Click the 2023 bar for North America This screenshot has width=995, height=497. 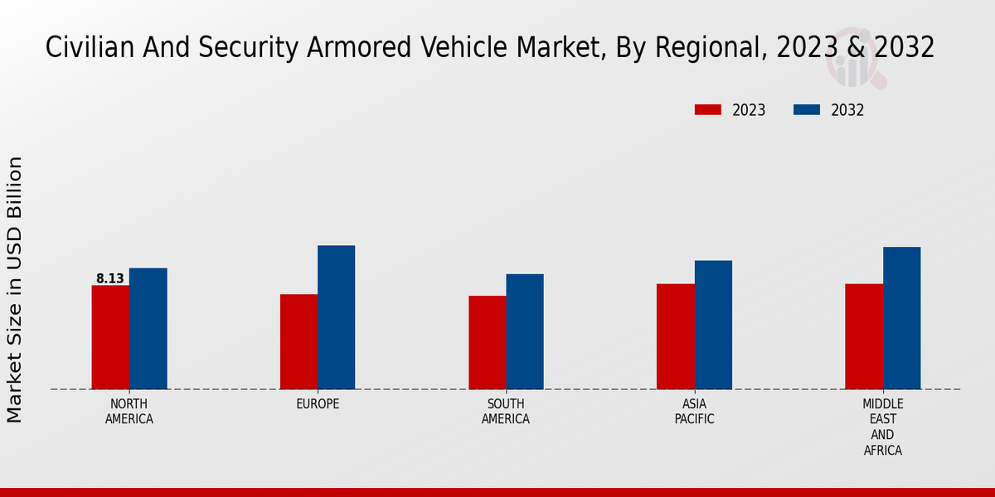coord(110,337)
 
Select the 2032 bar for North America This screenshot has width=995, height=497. coord(148,328)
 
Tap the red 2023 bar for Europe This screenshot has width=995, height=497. coord(298,341)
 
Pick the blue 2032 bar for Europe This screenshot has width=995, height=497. coord(336,317)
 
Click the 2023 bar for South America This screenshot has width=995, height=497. coord(487,342)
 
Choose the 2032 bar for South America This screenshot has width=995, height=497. coord(525,331)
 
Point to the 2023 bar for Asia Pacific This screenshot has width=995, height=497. coord(676,336)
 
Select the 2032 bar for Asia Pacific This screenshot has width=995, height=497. coord(713,325)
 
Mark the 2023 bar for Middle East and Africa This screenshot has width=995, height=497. coord(864,336)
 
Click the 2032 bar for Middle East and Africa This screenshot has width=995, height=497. coord(901,318)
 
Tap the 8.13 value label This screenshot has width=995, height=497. coord(110,278)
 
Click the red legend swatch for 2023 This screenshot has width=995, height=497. coord(708,110)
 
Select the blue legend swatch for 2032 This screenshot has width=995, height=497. coord(807,110)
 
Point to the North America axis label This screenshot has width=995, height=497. coord(129,411)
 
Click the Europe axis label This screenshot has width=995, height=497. coord(318,404)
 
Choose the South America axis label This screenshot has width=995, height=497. coord(506,411)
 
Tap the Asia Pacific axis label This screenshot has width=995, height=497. coord(695,411)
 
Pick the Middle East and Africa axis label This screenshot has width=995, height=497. coord(882,427)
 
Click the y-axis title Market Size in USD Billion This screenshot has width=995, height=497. coord(15,289)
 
